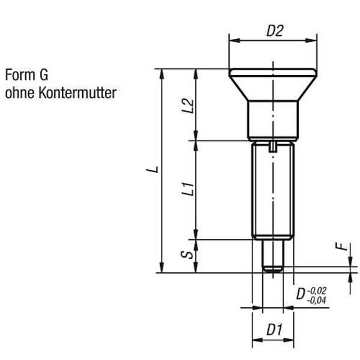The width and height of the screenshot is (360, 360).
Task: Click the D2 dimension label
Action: tap(275, 31)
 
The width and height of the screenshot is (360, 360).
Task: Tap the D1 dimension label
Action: tap(274, 329)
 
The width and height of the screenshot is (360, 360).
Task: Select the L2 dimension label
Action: tap(188, 106)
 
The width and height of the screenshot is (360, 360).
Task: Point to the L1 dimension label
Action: tap(188, 189)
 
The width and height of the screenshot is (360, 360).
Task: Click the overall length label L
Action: tap(152, 169)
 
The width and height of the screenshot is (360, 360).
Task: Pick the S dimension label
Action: tap(187, 255)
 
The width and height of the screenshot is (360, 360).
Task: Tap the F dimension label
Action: tap(343, 247)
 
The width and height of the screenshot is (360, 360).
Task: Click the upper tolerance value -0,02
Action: tap(317, 291)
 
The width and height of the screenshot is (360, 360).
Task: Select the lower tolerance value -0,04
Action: tap(317, 300)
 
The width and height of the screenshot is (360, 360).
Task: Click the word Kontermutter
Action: tap(77, 93)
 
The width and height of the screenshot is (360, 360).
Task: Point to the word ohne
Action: tap(20, 93)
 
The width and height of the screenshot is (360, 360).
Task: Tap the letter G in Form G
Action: tap(44, 75)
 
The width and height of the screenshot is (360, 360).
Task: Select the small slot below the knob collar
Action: tap(273, 147)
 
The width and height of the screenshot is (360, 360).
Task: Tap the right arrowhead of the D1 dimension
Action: tap(289, 340)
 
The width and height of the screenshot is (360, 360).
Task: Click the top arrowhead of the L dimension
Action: tap(162, 74)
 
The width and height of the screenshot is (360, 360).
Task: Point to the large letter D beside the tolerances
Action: tap(301, 293)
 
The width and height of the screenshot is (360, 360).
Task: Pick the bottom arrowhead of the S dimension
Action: tap(196, 268)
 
